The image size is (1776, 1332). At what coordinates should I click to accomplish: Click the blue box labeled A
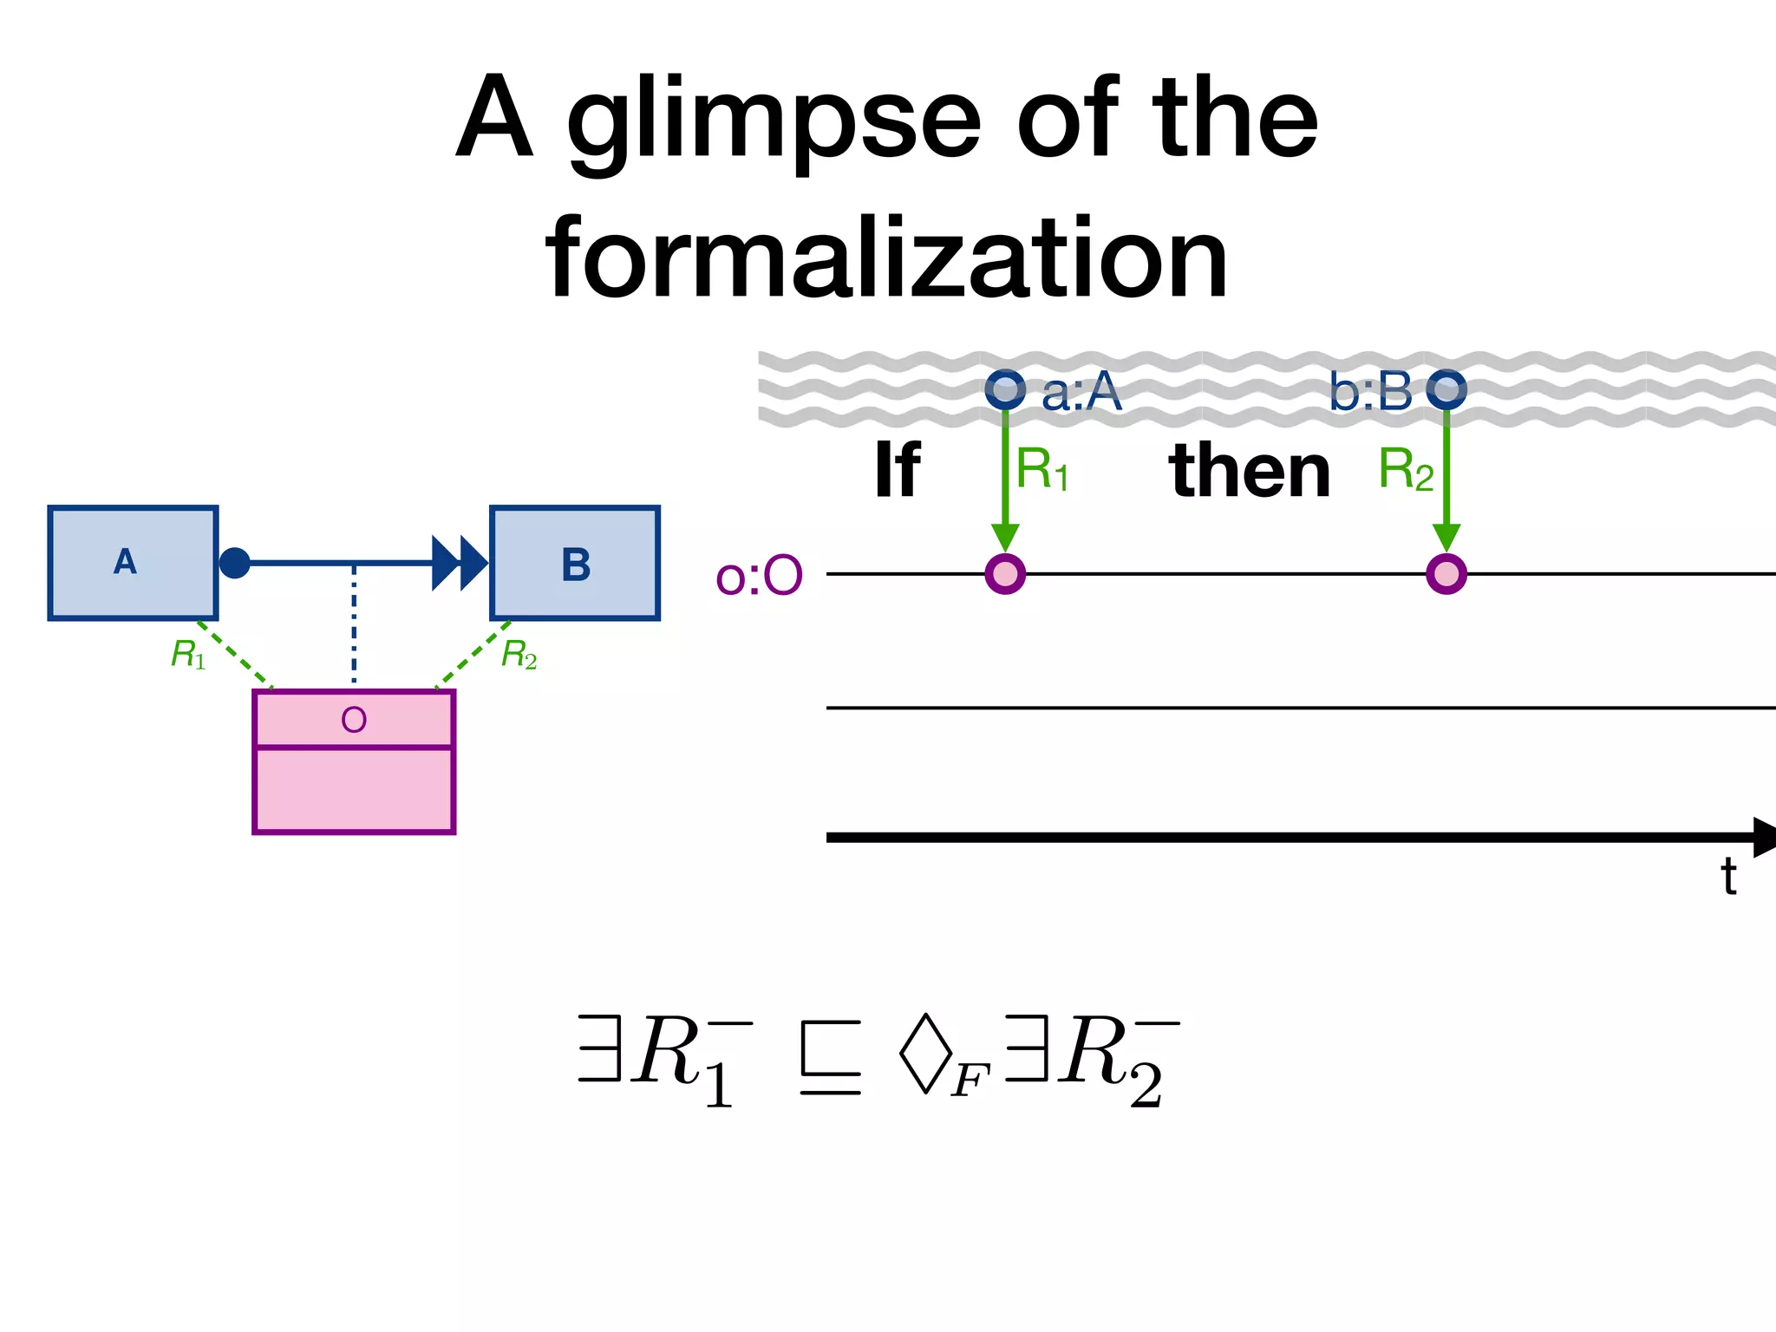(x=133, y=563)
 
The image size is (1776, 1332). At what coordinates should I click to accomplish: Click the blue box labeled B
(x=575, y=564)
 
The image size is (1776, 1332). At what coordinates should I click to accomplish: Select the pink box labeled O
(x=354, y=761)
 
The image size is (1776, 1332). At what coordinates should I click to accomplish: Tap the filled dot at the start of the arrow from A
(x=234, y=563)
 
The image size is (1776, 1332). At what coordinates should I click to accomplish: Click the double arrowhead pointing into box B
(x=460, y=563)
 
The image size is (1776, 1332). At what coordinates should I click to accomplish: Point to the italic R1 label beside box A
(x=188, y=655)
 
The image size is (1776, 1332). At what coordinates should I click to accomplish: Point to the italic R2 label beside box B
(x=519, y=655)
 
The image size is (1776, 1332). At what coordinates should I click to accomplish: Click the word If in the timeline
(x=897, y=471)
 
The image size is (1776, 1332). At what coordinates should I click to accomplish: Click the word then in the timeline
(x=1249, y=471)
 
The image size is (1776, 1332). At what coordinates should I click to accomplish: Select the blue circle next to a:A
(x=1005, y=389)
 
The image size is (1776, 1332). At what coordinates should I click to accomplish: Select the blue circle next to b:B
(x=1446, y=389)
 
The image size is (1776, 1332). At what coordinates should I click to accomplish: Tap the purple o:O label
(x=759, y=576)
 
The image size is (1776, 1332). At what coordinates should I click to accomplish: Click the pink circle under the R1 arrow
(x=1005, y=574)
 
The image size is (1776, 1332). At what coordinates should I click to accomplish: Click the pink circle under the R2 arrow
(x=1446, y=574)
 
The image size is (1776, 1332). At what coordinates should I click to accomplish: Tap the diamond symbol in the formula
(x=925, y=1052)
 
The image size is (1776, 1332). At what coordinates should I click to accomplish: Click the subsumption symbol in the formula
(x=830, y=1058)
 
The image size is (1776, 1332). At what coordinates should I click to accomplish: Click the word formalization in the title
(x=886, y=258)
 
